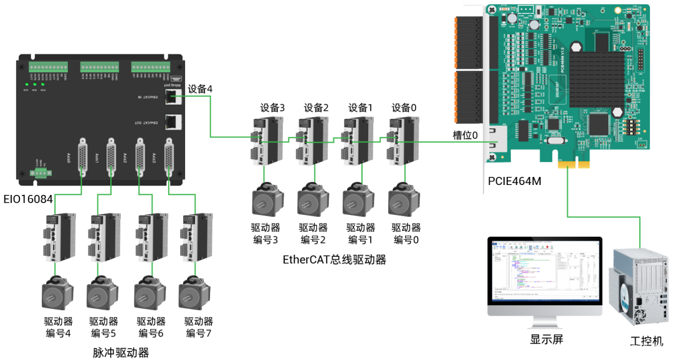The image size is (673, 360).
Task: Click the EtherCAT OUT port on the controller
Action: click(173, 122)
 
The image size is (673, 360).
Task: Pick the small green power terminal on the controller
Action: click(41, 174)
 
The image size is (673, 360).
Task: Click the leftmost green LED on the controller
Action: click(26, 83)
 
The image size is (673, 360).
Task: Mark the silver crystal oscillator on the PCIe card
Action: click(553, 125)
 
